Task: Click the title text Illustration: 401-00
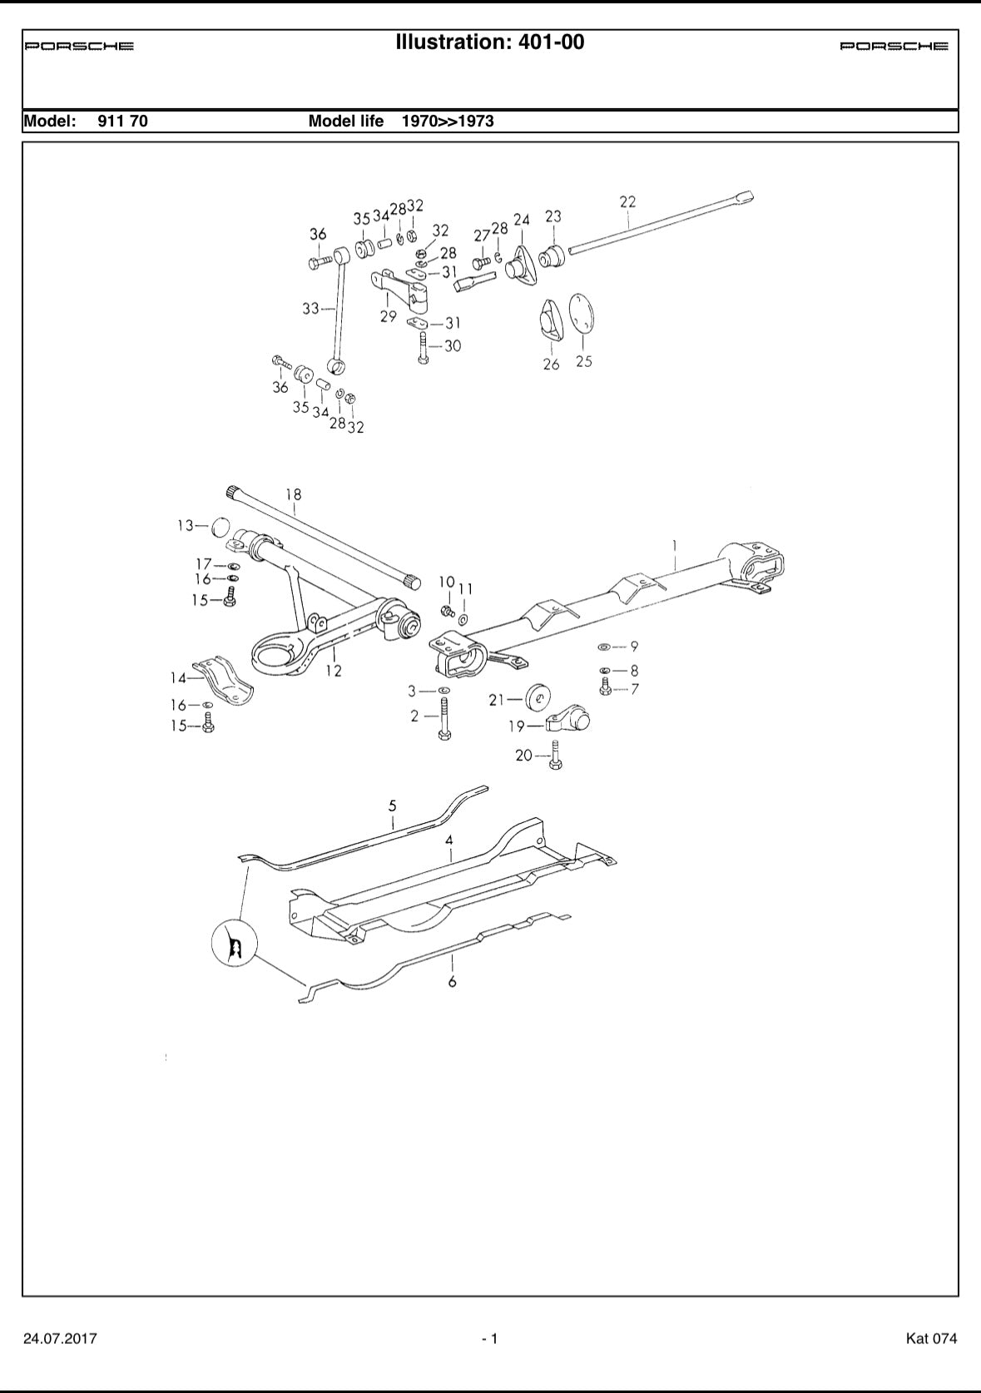pyautogui.click(x=490, y=42)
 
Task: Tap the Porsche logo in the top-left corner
pyautogui.click(x=79, y=47)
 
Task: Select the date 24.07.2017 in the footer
pyautogui.click(x=60, y=1339)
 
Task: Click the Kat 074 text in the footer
pyautogui.click(x=931, y=1339)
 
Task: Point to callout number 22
pyautogui.click(x=627, y=201)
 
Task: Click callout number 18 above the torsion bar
pyautogui.click(x=293, y=494)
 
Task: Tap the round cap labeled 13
pyautogui.click(x=219, y=527)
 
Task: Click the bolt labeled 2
pyautogui.click(x=443, y=721)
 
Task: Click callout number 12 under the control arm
pyautogui.click(x=334, y=671)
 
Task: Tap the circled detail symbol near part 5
pyautogui.click(x=234, y=944)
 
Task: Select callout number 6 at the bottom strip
pyautogui.click(x=452, y=982)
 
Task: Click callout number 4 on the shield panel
pyautogui.click(x=449, y=840)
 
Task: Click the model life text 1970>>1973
pyautogui.click(x=448, y=121)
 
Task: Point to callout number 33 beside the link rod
pyautogui.click(x=310, y=309)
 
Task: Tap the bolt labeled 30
pyautogui.click(x=424, y=347)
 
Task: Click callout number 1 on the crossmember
pyautogui.click(x=675, y=545)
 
